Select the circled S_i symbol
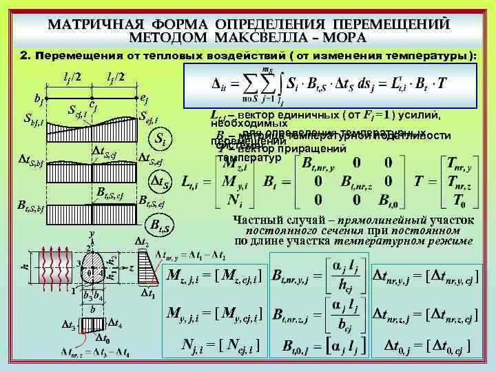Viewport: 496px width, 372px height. point(159,140)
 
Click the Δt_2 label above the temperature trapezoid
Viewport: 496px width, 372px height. point(141,241)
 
